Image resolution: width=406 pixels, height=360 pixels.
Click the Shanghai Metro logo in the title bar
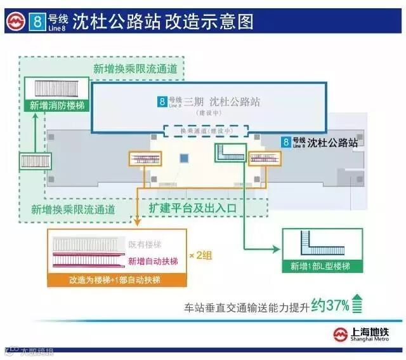pyautogui.click(x=15, y=22)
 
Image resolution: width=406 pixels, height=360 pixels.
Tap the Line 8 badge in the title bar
pyautogui.click(x=38, y=22)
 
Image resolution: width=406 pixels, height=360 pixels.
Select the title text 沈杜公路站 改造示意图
pyautogui.click(x=162, y=22)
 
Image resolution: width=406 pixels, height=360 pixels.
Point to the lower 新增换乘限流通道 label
pyautogui.click(x=73, y=208)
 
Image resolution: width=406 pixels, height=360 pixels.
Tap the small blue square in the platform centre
pyautogui.click(x=185, y=157)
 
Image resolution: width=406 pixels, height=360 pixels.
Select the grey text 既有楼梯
pyautogui.click(x=145, y=244)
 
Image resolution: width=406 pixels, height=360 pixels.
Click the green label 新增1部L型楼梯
pyautogui.click(x=320, y=265)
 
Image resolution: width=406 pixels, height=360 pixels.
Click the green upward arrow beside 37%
pyautogui.click(x=358, y=304)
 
